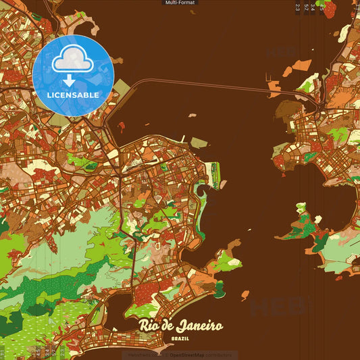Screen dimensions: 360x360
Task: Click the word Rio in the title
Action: point(149,326)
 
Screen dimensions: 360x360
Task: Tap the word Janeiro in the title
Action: point(200,326)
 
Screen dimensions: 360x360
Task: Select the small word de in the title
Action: point(168,326)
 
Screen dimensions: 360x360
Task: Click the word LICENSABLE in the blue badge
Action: point(73,95)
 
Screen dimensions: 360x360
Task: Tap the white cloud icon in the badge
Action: point(73,61)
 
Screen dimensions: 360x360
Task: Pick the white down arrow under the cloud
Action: point(73,80)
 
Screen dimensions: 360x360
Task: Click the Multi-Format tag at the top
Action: point(180,3)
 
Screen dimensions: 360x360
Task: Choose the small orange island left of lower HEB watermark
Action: point(245,295)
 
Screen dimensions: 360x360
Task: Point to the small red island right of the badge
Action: point(121,126)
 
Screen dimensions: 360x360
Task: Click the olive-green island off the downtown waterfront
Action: point(199,143)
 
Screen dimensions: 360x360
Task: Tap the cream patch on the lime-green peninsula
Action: point(234,262)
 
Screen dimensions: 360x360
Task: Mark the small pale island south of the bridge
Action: point(192,115)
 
